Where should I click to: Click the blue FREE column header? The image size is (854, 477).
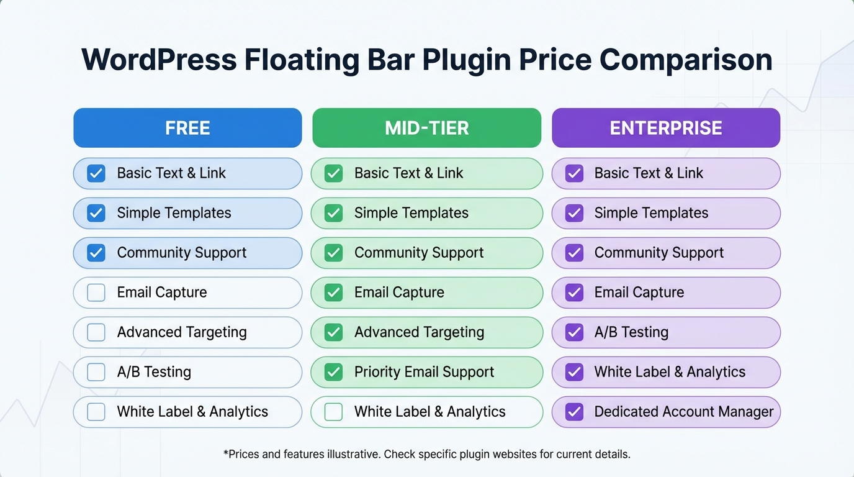[187, 128]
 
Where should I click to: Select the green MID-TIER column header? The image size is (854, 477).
[426, 128]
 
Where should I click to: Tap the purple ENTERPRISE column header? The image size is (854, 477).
[665, 128]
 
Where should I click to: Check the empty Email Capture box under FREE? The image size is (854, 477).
[96, 293]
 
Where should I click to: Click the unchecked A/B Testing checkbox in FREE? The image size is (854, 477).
[96, 372]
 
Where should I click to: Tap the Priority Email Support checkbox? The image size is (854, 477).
[334, 372]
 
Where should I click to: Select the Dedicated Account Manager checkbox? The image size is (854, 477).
[574, 412]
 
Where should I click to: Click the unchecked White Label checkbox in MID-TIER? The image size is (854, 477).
[334, 412]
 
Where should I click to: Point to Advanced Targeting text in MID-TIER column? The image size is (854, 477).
[419, 332]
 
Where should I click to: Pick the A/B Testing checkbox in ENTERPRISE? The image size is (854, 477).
[574, 332]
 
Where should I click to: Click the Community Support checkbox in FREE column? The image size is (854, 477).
[96, 253]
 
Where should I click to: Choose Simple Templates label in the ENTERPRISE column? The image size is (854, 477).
[651, 213]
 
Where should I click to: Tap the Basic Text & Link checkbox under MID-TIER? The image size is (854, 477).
[334, 173]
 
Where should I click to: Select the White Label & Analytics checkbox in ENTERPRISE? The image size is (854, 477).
[574, 372]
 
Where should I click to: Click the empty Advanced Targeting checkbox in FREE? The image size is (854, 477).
[96, 332]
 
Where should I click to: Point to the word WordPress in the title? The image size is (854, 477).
[159, 60]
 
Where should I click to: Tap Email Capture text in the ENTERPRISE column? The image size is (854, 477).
[639, 293]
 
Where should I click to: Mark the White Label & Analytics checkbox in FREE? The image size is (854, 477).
[96, 412]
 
